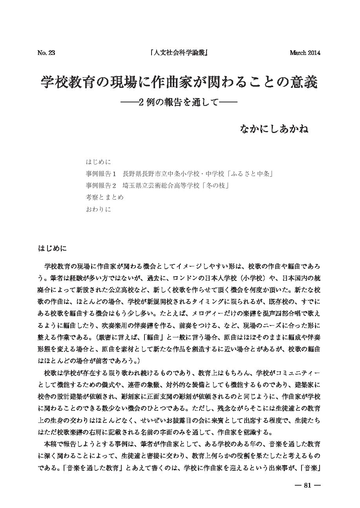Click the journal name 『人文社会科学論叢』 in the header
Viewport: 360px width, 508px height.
point(179,53)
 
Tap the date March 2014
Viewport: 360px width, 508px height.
point(305,53)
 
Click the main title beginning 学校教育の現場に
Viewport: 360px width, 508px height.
point(179,82)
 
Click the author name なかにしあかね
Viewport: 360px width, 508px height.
point(274,129)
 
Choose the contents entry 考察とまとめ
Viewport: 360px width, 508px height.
point(104,197)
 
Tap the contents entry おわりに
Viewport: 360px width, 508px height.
point(98,209)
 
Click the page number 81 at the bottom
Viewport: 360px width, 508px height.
point(307,485)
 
